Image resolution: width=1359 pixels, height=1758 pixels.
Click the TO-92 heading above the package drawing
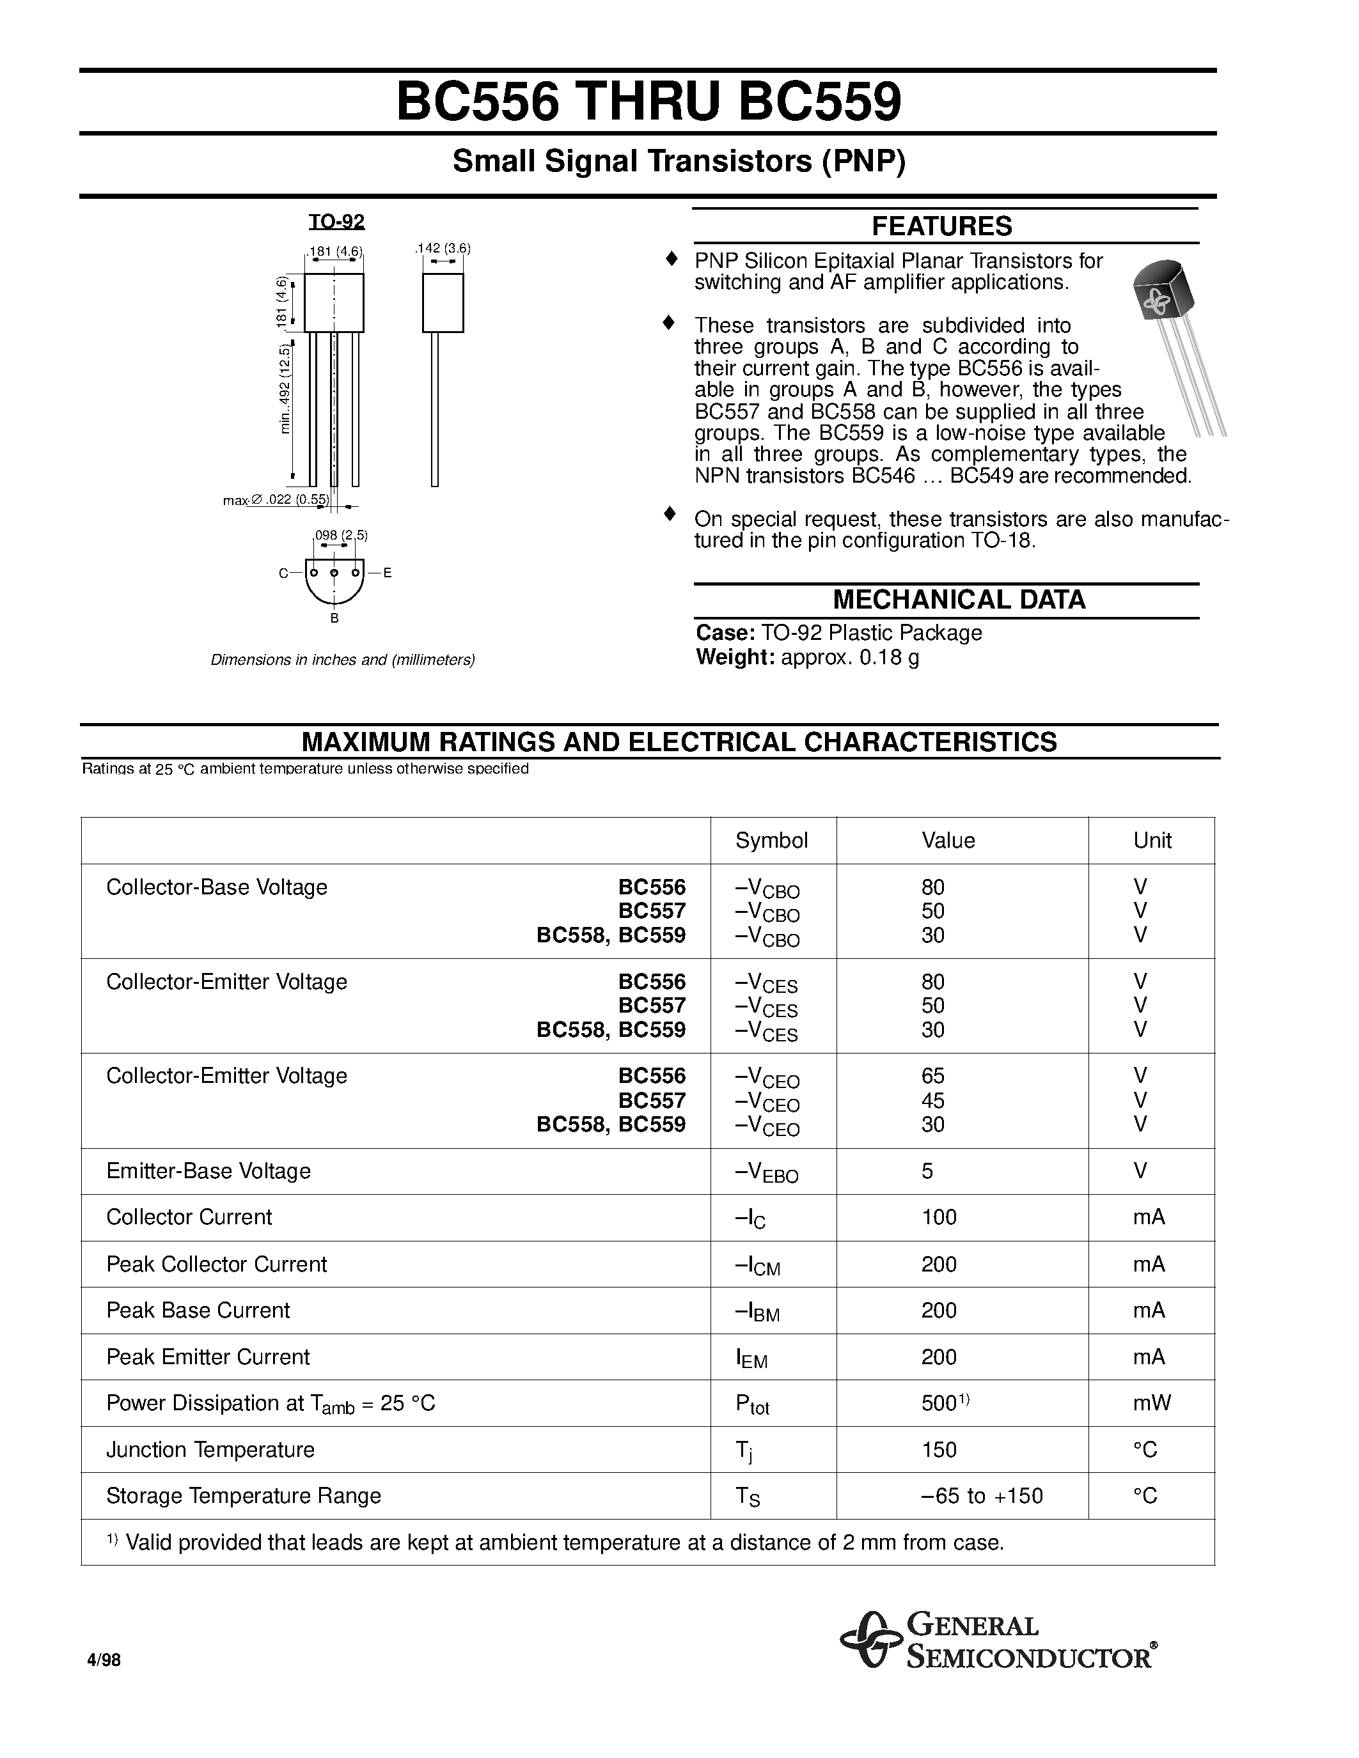point(336,221)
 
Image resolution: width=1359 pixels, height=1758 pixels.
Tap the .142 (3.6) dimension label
point(442,248)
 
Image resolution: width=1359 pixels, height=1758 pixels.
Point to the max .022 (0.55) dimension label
point(276,500)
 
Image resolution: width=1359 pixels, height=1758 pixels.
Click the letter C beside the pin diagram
point(283,573)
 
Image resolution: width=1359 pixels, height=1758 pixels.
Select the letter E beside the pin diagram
point(388,573)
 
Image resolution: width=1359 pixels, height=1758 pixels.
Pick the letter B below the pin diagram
point(334,618)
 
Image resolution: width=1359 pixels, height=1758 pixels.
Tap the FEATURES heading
point(941,226)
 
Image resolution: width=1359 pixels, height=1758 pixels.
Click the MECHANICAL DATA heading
point(958,600)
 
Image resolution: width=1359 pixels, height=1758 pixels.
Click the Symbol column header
point(771,841)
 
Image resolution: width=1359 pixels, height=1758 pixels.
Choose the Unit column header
point(1151,841)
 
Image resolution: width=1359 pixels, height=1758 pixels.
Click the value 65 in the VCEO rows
point(932,1075)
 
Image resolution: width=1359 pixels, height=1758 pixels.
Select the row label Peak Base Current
point(198,1310)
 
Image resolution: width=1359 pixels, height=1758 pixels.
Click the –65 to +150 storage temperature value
point(982,1496)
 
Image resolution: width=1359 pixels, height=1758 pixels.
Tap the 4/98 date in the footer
point(104,1660)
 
